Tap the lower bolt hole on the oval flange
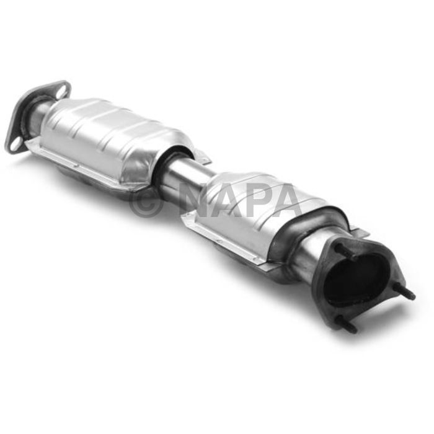pyautogui.click(x=15, y=144)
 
